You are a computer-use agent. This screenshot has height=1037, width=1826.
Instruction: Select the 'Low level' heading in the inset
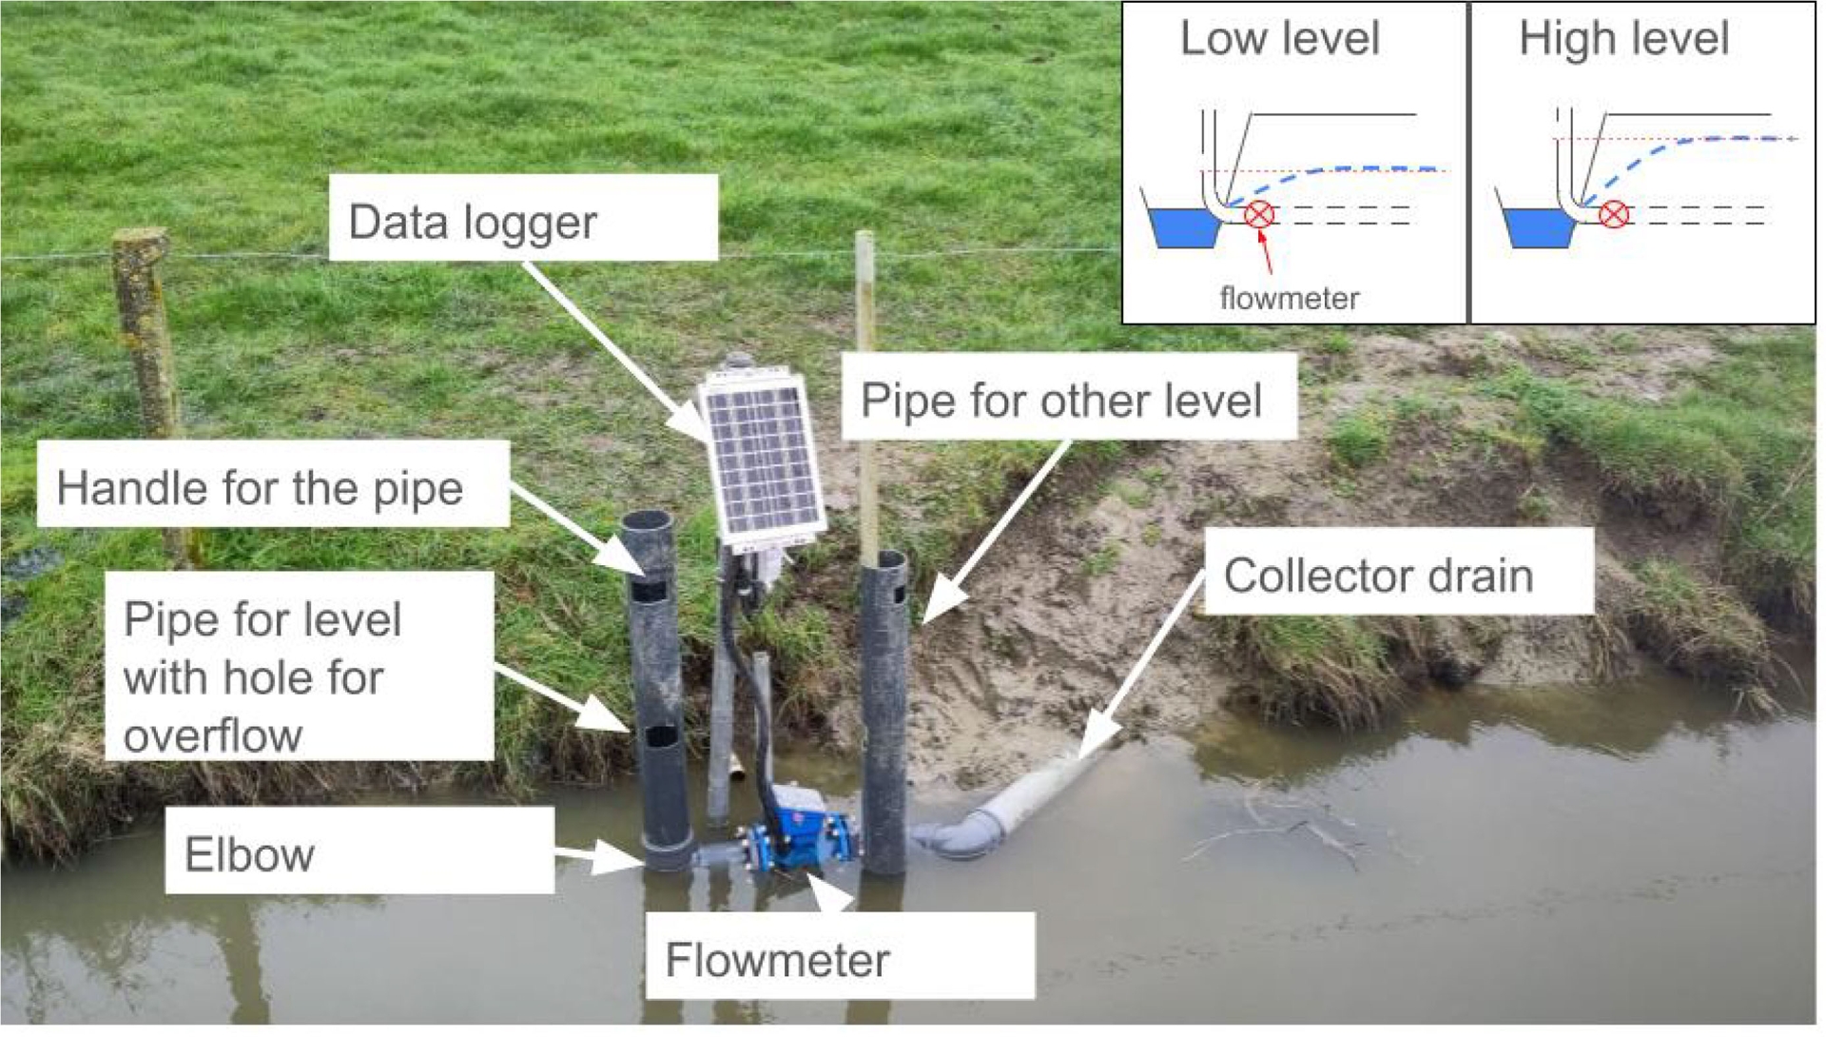pyautogui.click(x=1279, y=39)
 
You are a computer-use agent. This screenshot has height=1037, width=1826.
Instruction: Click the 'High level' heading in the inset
pyautogui.click(x=1623, y=39)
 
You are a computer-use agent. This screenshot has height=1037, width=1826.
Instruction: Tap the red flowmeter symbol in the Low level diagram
pyautogui.click(x=1259, y=214)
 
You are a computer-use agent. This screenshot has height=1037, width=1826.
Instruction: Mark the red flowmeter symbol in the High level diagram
pyautogui.click(x=1613, y=214)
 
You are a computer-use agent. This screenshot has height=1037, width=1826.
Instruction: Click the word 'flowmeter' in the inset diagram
pyautogui.click(x=1289, y=298)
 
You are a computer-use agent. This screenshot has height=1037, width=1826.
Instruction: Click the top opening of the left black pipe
pyautogui.click(x=647, y=521)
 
